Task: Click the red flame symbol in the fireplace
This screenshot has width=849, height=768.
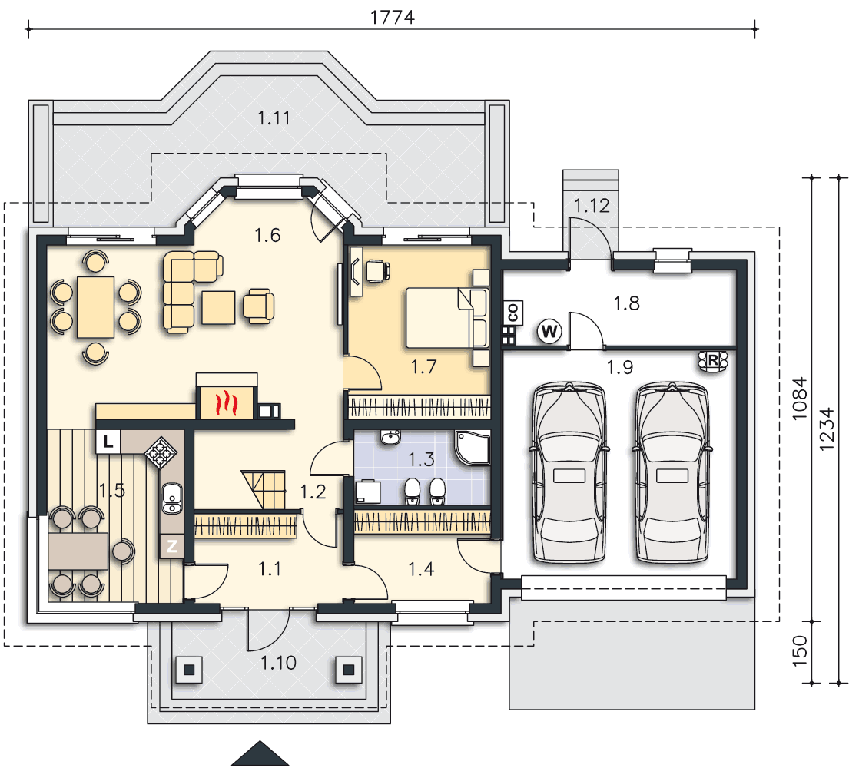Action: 227,403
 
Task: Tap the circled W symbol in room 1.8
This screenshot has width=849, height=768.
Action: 549,331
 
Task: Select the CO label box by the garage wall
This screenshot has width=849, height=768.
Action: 513,313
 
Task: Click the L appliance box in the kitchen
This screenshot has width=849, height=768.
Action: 108,442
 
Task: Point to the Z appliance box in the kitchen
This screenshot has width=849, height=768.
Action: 171,546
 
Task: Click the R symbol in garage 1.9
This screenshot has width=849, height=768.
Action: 712,360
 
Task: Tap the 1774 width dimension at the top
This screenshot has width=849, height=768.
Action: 392,18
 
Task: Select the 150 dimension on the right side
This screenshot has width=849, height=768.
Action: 800,651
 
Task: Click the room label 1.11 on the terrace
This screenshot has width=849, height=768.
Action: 274,118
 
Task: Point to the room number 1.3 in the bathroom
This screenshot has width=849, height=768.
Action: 421,459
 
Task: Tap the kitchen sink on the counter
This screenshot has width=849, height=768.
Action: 172,498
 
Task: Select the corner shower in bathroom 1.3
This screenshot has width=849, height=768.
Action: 473,448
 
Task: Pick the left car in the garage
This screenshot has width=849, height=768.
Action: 569,472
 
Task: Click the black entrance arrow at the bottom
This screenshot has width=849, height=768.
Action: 260,753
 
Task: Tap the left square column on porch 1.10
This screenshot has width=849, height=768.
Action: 188,670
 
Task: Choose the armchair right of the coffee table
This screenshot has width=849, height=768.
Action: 258,306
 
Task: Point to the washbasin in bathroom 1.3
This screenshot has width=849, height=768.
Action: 390,437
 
